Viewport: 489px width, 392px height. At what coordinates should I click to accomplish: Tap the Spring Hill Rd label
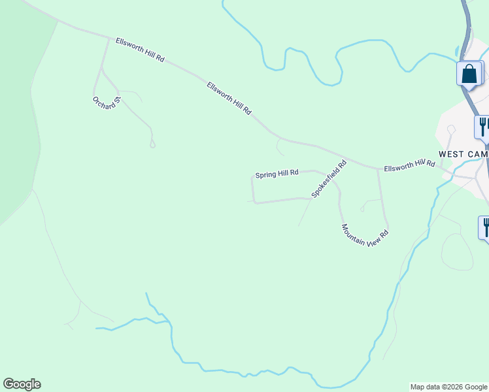(x=277, y=174)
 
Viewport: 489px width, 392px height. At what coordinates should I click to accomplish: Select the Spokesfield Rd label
(x=328, y=180)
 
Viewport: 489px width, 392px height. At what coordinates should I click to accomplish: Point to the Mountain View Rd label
(x=365, y=235)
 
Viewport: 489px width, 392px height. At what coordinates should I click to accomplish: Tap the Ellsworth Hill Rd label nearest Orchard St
(x=139, y=50)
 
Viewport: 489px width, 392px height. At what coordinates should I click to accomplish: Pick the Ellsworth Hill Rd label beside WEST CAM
(x=409, y=165)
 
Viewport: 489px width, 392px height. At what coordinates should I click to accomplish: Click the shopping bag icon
(x=469, y=73)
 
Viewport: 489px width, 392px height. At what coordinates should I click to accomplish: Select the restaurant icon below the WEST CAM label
(x=486, y=227)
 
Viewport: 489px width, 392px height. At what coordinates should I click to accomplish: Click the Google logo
(x=22, y=384)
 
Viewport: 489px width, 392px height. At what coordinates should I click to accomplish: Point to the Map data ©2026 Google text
(x=448, y=387)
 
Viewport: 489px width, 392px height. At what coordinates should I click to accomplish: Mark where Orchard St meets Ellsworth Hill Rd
(x=109, y=39)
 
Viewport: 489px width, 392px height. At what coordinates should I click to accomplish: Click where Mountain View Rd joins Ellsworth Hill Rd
(x=378, y=169)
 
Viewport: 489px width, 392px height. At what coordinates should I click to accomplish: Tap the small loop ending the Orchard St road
(x=152, y=144)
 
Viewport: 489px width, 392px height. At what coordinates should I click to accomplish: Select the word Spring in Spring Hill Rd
(x=265, y=175)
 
